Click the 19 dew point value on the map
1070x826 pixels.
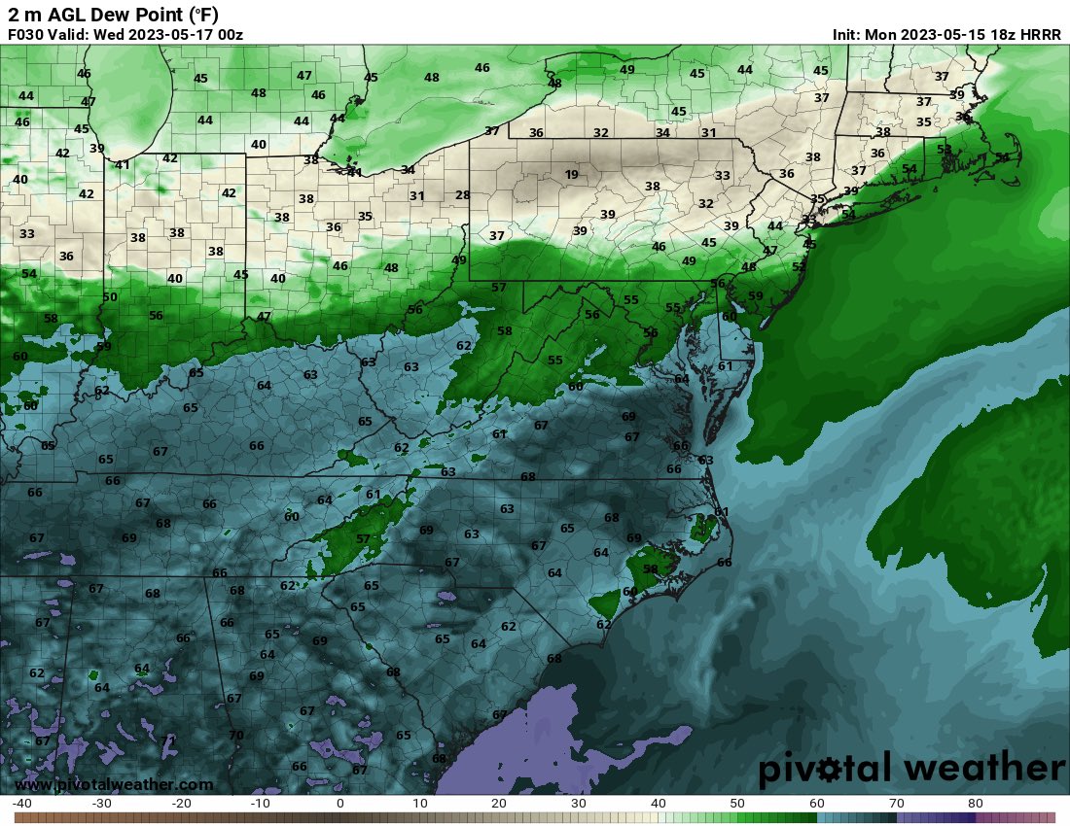tap(571, 175)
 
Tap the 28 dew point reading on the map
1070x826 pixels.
tap(462, 195)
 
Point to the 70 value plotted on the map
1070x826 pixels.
tap(235, 735)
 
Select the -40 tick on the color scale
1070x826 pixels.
tap(22, 804)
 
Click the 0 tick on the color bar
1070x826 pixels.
tap(339, 804)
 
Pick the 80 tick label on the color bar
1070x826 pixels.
tap(976, 804)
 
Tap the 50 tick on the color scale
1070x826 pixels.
tap(737, 804)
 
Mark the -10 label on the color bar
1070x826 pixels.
tap(260, 804)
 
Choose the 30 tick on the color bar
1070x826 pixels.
tap(578, 804)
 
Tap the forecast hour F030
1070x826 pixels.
tap(25, 34)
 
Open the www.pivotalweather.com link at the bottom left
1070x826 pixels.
tap(114, 784)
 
